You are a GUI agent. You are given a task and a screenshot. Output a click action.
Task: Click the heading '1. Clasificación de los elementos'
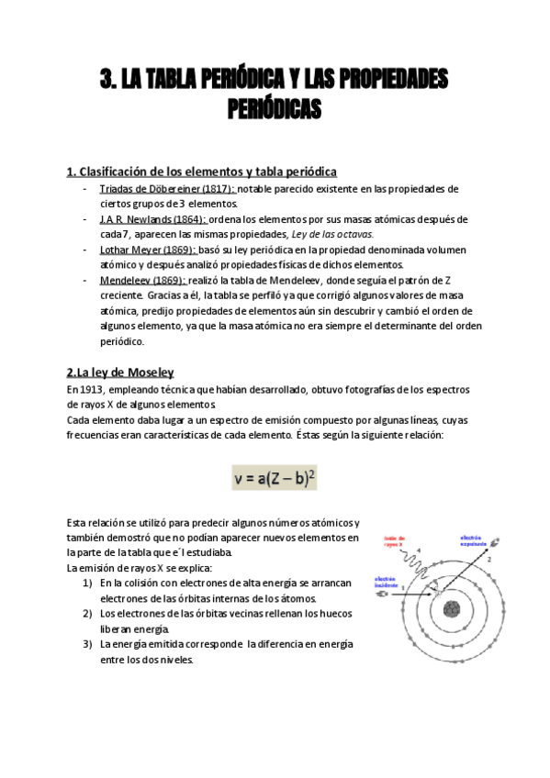click(x=202, y=172)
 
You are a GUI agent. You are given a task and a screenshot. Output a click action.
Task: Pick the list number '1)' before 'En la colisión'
click(x=87, y=583)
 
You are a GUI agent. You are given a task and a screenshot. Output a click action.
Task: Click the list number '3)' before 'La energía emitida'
click(x=87, y=644)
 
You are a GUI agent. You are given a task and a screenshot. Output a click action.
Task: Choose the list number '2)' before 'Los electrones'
click(x=87, y=614)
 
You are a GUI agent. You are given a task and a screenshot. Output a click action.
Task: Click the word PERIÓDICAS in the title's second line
click(x=275, y=110)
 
